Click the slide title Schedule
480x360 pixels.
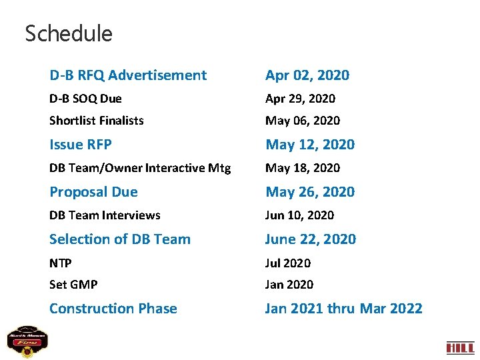click(x=69, y=33)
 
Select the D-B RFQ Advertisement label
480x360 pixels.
click(x=128, y=75)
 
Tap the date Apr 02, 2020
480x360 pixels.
click(x=307, y=75)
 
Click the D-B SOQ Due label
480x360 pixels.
click(x=85, y=99)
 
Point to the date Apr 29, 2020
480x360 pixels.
click(x=300, y=99)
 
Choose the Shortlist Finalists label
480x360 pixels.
click(x=97, y=121)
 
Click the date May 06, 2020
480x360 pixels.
click(x=302, y=121)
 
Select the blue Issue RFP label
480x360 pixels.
click(x=81, y=145)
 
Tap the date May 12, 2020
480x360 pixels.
click(x=310, y=145)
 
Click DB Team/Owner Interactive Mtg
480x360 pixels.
click(x=140, y=168)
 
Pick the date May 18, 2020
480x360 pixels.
click(x=302, y=168)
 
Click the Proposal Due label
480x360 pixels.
click(x=93, y=192)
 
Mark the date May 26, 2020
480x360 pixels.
click(x=310, y=192)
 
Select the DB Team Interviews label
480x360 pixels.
click(x=105, y=215)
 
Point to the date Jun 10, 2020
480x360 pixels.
click(x=299, y=215)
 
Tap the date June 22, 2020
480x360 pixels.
click(x=311, y=239)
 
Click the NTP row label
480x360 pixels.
click(x=61, y=263)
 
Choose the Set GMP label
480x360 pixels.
click(x=73, y=285)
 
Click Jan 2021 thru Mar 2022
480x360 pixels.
click(x=343, y=309)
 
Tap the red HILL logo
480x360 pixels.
click(x=459, y=347)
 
